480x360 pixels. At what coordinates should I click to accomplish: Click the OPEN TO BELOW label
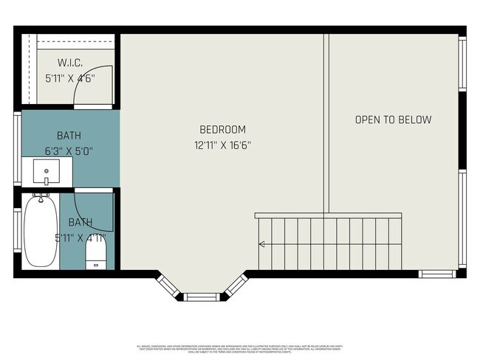click(393, 120)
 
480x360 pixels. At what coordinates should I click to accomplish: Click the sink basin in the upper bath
click(47, 174)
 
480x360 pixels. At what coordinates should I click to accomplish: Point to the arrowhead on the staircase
click(261, 244)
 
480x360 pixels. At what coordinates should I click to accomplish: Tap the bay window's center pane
click(202, 297)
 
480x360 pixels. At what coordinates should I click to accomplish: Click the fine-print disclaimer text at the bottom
click(240, 348)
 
